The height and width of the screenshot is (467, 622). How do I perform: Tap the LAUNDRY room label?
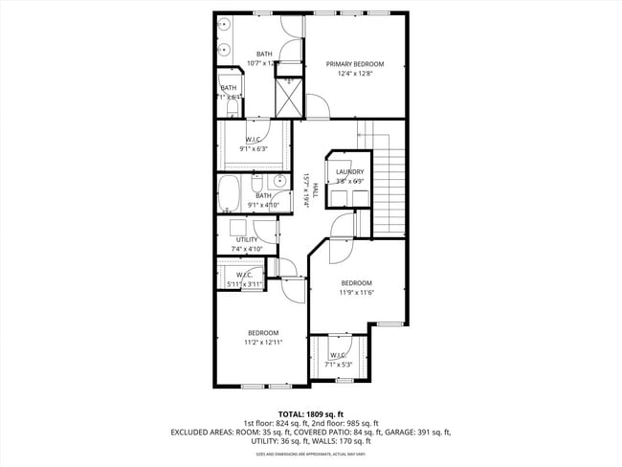349,171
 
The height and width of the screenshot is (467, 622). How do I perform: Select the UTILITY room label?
246,239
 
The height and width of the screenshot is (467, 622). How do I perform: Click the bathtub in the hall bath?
230,193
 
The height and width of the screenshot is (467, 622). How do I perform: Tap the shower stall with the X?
289,96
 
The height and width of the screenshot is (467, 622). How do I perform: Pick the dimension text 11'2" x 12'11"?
261,342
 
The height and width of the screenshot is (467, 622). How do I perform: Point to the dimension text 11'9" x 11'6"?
356,292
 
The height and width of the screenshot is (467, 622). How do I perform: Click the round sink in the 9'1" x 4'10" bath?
279,180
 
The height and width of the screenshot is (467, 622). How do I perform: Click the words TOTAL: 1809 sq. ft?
310,413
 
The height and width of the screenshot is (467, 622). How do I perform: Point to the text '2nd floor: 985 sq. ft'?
344,423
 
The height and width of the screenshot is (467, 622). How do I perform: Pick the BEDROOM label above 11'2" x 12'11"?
261,332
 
